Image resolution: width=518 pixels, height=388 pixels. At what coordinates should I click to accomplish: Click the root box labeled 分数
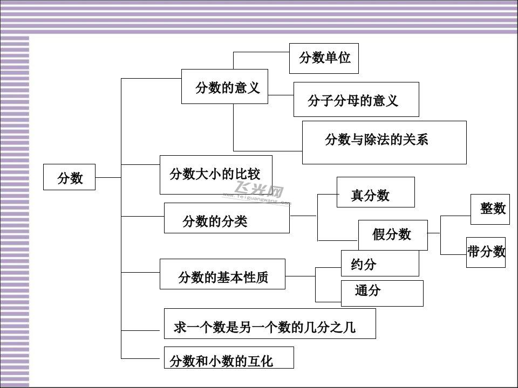coord(69,177)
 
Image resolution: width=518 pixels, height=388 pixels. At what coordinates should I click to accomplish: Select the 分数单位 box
coord(324,58)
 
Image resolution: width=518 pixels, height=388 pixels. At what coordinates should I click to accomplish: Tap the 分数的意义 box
coord(224,86)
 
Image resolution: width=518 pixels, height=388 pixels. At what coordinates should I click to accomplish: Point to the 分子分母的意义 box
coord(356,100)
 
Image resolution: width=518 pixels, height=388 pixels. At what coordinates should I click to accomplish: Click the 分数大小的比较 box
coord(216,175)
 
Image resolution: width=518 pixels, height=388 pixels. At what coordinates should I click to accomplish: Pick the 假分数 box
coord(393,235)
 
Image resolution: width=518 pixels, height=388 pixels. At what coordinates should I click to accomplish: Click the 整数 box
coord(490,209)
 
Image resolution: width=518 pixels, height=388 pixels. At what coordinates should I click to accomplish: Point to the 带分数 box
coord(486,252)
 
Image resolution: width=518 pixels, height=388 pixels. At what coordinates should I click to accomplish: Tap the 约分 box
coord(380,264)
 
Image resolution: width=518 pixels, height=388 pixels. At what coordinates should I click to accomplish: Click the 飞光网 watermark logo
coord(260,193)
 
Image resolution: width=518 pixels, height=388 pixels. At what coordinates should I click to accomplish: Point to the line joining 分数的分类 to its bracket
coord(303,216)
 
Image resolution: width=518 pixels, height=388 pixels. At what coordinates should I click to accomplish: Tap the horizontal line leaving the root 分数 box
coord(108,177)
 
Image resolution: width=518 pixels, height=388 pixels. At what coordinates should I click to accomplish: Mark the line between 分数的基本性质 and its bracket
coord(300,276)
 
